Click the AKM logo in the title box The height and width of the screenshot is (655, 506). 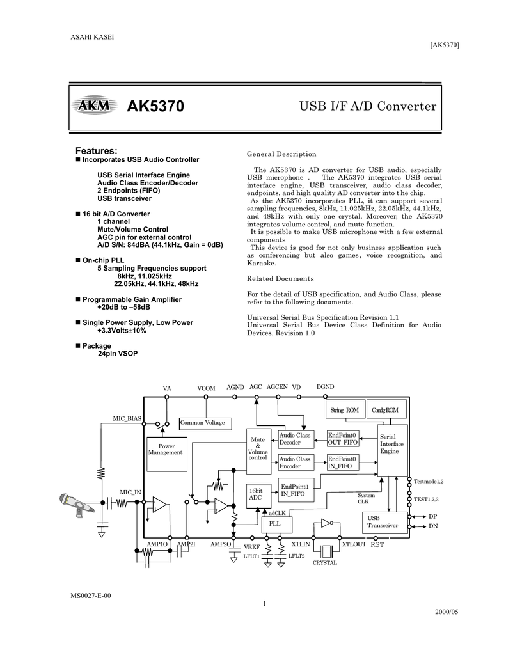tap(93, 106)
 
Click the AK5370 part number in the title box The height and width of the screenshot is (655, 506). tap(155, 107)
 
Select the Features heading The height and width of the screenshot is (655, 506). tap(96, 150)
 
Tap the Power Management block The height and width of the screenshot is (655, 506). tap(167, 454)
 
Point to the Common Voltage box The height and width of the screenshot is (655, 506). tap(205, 423)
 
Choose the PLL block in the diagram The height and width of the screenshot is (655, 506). tap(276, 525)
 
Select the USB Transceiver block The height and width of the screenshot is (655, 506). tap(384, 522)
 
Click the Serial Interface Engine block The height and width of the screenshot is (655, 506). tap(393, 450)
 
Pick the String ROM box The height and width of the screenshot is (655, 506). tap(345, 410)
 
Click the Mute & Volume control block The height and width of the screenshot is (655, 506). tap(258, 451)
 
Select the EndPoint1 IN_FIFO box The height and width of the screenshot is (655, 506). tap(296, 490)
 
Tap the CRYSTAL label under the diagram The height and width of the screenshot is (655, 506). tap(325, 563)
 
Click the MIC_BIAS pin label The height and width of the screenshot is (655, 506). tap(127, 418)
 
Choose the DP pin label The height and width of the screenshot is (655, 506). tap(433, 517)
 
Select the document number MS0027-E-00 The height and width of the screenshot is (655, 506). tap(91, 596)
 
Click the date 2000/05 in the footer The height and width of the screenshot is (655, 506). tap(447, 612)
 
